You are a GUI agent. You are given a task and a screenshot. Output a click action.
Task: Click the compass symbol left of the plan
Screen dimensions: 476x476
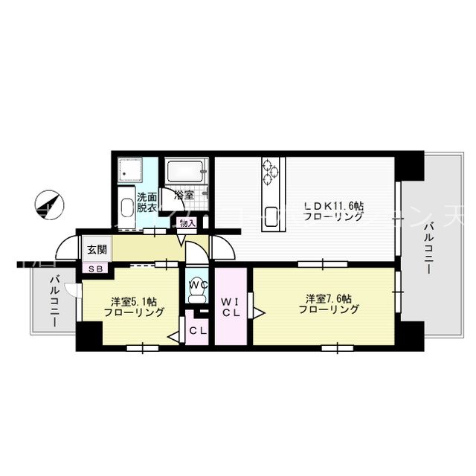(x=51, y=204)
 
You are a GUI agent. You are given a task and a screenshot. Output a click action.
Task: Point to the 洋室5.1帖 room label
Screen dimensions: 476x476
(x=133, y=307)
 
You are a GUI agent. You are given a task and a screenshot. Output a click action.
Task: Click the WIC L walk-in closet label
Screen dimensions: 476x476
(x=231, y=307)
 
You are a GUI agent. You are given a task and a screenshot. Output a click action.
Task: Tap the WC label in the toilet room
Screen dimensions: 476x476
(x=198, y=283)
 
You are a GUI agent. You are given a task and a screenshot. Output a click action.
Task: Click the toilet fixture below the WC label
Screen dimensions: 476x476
(x=197, y=297)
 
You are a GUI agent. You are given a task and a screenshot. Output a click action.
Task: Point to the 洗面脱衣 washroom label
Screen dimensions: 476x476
(x=146, y=203)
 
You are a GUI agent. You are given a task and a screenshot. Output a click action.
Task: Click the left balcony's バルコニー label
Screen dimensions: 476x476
(x=54, y=300)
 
